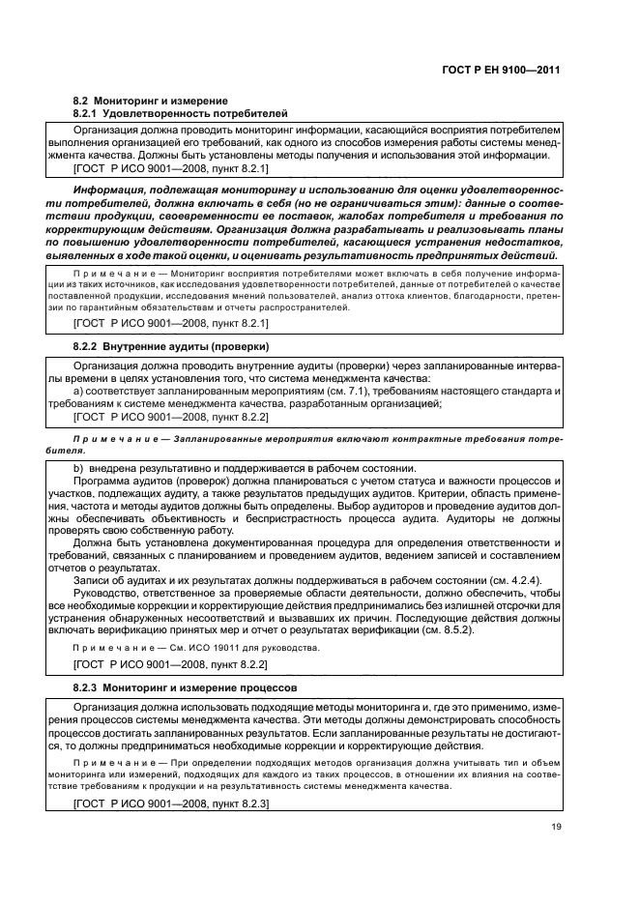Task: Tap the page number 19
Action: pos(554,826)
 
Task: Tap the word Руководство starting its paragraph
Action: pos(110,593)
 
